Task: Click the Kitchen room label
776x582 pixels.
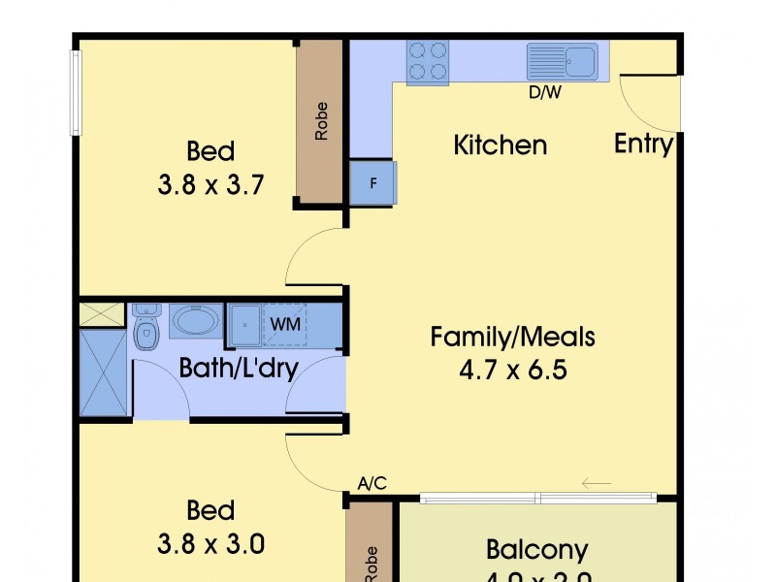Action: [501, 145]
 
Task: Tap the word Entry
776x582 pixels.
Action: [643, 145]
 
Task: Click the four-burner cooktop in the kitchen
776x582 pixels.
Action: [428, 61]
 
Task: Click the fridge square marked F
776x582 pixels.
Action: [373, 182]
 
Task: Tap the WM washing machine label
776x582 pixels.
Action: [285, 324]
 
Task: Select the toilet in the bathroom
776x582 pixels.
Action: [145, 332]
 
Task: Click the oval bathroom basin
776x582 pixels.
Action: [196, 321]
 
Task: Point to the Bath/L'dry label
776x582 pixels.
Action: [238, 368]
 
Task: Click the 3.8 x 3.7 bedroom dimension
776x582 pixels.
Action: [210, 184]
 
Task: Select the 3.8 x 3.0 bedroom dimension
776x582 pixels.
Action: [210, 543]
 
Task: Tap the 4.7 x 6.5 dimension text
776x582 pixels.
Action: [512, 371]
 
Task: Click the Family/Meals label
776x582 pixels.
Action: [512, 338]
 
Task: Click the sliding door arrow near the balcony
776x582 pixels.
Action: [597, 483]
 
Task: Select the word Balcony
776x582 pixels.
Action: [536, 550]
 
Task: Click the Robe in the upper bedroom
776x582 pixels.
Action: [321, 121]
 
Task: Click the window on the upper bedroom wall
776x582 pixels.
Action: [75, 92]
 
